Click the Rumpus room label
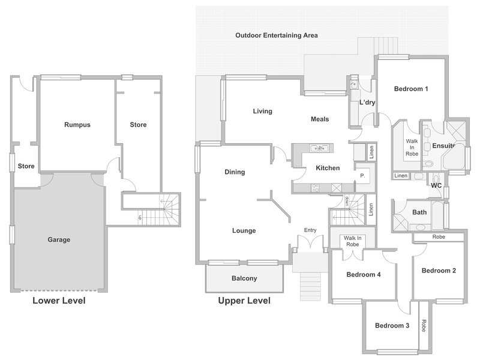[x=77, y=125]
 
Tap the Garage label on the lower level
[x=59, y=239]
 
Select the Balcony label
[x=244, y=278]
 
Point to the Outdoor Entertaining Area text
[x=277, y=35]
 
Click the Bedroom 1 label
[x=411, y=89]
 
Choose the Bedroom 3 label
[x=392, y=326]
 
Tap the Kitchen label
[x=327, y=168]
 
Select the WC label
[x=436, y=185]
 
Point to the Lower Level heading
[x=59, y=301]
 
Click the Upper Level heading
[x=244, y=301]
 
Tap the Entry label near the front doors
[x=310, y=230]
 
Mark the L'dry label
[x=367, y=103]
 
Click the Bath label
[x=419, y=212]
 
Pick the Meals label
[x=320, y=119]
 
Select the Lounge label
[x=244, y=230]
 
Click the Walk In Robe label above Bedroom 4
[x=352, y=241]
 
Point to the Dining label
[x=235, y=172]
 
